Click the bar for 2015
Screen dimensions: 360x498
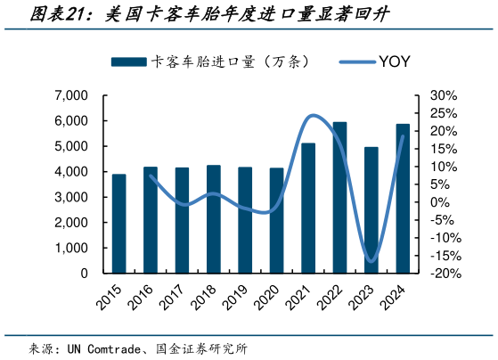point(118,224)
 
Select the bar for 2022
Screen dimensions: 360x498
point(339,198)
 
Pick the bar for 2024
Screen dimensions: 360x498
point(403,199)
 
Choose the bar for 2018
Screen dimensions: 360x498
point(214,219)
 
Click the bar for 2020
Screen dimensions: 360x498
point(277,221)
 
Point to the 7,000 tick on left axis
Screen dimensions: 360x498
point(71,95)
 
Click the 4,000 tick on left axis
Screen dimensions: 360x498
point(71,172)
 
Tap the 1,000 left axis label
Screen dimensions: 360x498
point(71,249)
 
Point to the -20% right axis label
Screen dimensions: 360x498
point(443,274)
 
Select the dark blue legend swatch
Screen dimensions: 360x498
point(128,61)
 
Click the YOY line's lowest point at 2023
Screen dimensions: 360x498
point(371,262)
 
